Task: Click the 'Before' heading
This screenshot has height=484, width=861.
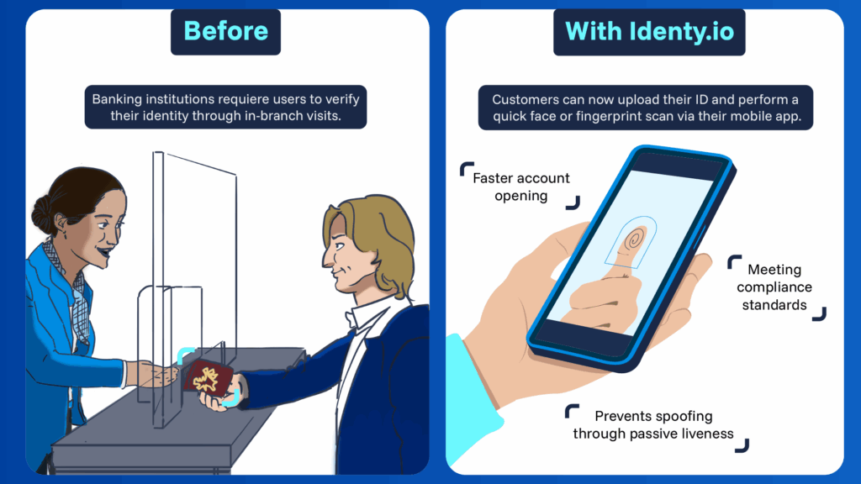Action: (226, 32)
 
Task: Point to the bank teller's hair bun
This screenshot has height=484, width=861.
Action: (43, 213)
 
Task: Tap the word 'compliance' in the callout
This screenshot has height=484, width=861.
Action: (774, 287)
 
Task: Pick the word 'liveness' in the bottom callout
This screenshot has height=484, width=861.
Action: (705, 434)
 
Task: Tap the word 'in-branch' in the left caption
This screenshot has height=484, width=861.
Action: (268, 117)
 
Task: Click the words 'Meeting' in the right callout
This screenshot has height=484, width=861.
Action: (774, 270)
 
